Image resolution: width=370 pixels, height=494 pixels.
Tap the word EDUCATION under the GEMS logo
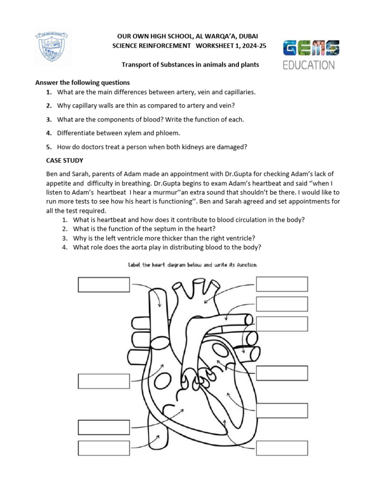tap(308, 65)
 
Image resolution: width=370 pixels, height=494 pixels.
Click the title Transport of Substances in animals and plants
tap(190, 65)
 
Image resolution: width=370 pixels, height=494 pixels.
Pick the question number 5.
tap(49, 147)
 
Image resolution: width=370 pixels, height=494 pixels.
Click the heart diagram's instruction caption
tap(193, 265)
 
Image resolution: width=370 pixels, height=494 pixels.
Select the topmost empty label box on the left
tap(104, 285)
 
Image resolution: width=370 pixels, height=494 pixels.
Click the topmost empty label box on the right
tap(282, 284)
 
